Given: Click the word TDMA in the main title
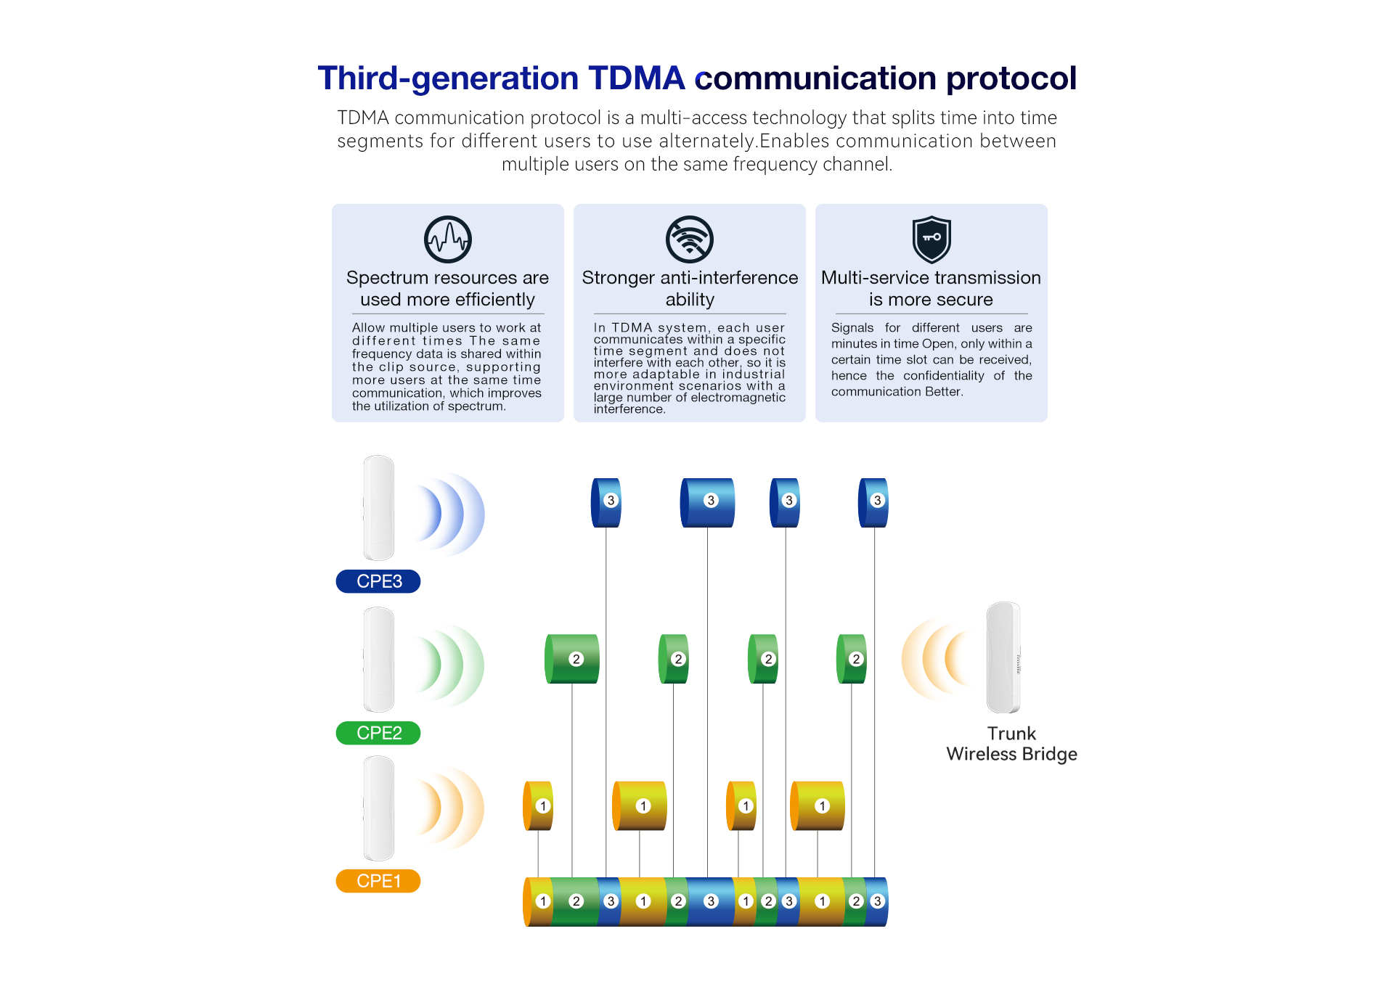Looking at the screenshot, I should (636, 78).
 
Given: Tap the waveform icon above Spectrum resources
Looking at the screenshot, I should (448, 239).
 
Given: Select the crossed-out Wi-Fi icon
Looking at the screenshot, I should (690, 239).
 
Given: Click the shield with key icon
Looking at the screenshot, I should (932, 239).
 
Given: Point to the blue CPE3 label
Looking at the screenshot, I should (378, 581).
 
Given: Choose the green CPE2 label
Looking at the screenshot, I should (378, 733).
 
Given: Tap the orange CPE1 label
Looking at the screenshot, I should (378, 881).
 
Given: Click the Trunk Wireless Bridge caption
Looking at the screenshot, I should (1011, 744).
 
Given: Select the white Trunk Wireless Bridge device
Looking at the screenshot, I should (1003, 657).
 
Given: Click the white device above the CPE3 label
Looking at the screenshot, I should (379, 508).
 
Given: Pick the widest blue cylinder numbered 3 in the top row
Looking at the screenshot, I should (708, 502).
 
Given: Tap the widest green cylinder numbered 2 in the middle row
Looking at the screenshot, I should (573, 659).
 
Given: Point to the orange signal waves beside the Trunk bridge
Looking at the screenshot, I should (937, 659).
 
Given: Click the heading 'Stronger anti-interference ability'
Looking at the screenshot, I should (690, 288).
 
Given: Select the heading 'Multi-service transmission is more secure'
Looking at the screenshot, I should (931, 288).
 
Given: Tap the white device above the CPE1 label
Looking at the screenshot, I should (379, 808).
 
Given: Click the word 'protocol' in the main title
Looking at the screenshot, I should (1011, 78).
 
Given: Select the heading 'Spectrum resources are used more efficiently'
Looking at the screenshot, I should (447, 288).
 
